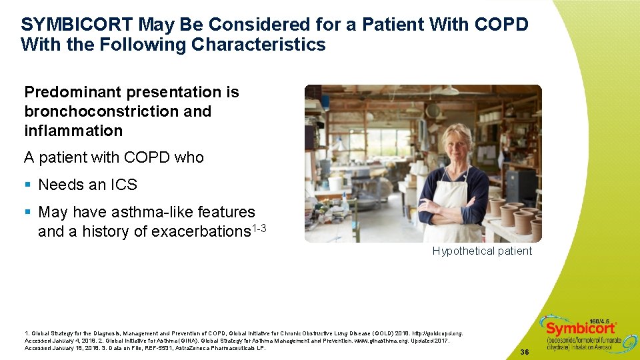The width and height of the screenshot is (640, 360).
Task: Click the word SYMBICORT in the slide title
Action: point(77,25)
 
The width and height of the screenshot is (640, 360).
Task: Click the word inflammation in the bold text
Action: point(73,131)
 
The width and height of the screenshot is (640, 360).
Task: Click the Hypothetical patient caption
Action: point(482,251)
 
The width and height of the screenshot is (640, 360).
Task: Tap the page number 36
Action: point(525,351)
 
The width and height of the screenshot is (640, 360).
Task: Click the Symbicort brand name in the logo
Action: point(580,329)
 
